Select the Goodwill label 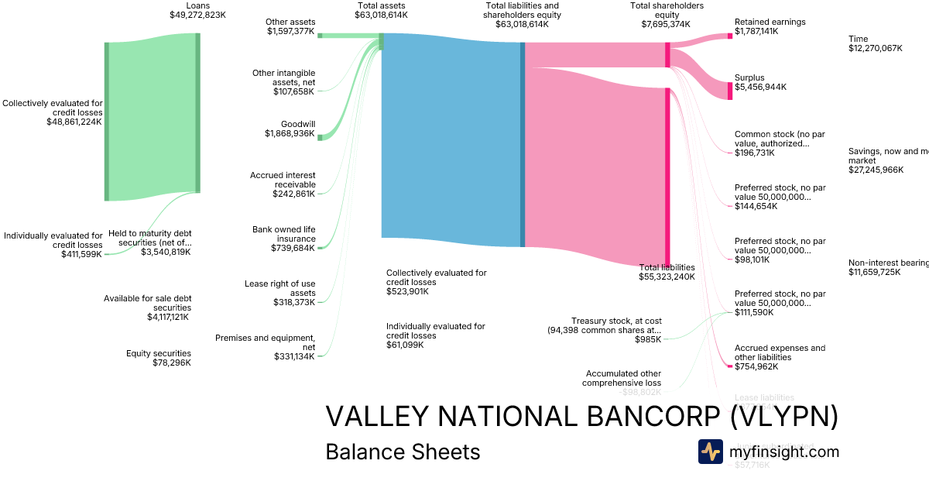click(x=298, y=124)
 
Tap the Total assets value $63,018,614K click(x=380, y=15)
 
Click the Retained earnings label click(x=770, y=22)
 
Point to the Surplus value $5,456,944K click(x=760, y=88)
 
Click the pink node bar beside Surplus click(x=729, y=90)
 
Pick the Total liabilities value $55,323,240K click(x=667, y=277)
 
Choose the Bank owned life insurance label click(x=284, y=234)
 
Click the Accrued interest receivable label click(x=283, y=180)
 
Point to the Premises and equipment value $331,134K click(x=294, y=356)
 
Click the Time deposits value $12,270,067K click(x=876, y=48)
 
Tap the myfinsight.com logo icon click(x=710, y=452)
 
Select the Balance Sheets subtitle click(x=403, y=452)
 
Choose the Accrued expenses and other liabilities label click(x=780, y=352)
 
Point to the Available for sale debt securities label click(x=147, y=303)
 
